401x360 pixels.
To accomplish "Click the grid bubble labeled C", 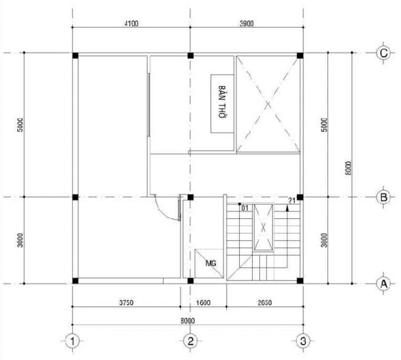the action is pyautogui.click(x=384, y=54).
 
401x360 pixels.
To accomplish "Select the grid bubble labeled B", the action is pyautogui.click(x=384, y=197).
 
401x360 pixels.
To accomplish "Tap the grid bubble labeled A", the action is pyautogui.click(x=384, y=284).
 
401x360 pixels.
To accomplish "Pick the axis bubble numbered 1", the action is pyautogui.click(x=73, y=341).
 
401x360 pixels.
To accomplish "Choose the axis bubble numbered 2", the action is pyautogui.click(x=190, y=341).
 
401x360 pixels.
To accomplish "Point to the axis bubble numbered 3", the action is pyautogui.click(x=303, y=341).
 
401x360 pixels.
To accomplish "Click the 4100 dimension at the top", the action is pyautogui.click(x=131, y=23).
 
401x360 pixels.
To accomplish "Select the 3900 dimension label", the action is pyautogui.click(x=247, y=23).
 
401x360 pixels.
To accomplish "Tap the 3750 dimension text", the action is pyautogui.click(x=126, y=302).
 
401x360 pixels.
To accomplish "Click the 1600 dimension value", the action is pyautogui.click(x=203, y=302).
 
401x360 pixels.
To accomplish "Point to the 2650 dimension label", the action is pyautogui.click(x=265, y=302).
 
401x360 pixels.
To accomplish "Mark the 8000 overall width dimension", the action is pyautogui.click(x=188, y=321).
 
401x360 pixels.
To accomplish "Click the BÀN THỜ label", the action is pyautogui.click(x=223, y=102).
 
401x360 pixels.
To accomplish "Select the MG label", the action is pyautogui.click(x=211, y=263).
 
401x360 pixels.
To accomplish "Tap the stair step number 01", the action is pyautogui.click(x=245, y=208).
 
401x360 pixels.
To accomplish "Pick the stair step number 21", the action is pyautogui.click(x=292, y=201).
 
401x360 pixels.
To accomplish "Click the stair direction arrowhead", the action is pyautogui.click(x=287, y=209).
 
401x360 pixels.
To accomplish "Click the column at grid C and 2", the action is pyautogui.click(x=190, y=56).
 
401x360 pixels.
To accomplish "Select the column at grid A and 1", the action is pyautogui.click(x=75, y=280).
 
